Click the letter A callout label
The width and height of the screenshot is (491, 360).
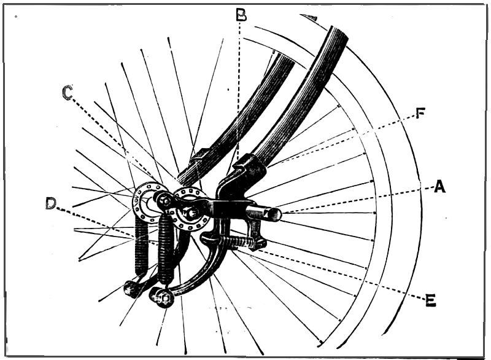click(439, 187)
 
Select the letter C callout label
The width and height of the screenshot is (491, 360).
click(68, 93)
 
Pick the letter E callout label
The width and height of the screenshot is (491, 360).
click(431, 299)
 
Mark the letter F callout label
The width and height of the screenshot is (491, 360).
click(421, 114)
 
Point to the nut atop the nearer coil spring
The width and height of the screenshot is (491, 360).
click(163, 200)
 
